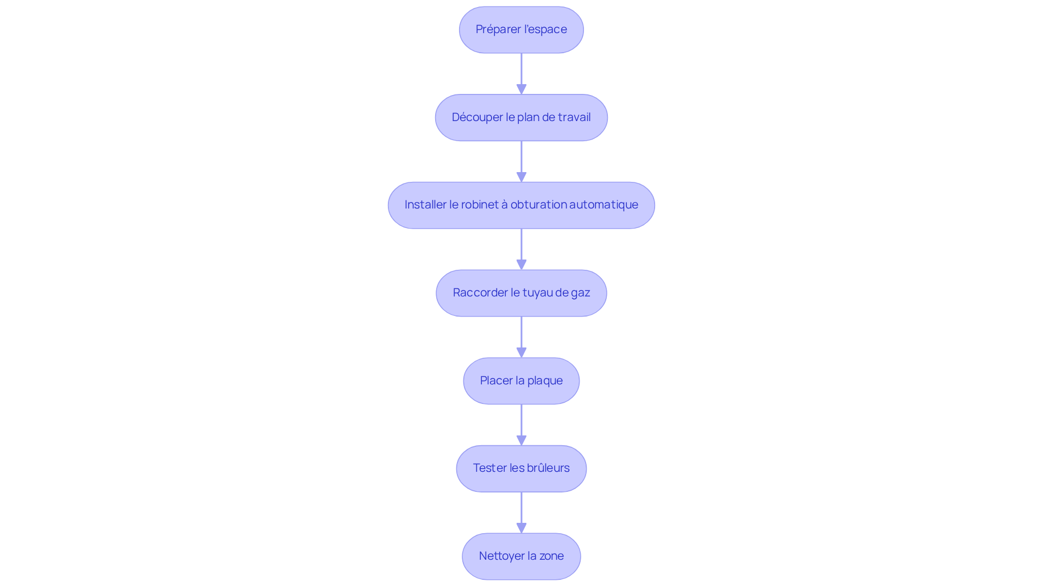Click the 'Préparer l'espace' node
(x=521, y=30)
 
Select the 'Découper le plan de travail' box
(x=521, y=118)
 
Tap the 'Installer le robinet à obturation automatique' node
(x=521, y=205)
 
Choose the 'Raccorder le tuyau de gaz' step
(x=521, y=293)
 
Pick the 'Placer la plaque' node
(x=521, y=381)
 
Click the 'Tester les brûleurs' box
(x=521, y=469)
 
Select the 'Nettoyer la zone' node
(x=521, y=557)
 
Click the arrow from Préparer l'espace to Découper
(x=521, y=74)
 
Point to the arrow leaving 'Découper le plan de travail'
(x=521, y=162)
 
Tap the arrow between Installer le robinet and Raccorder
(x=521, y=249)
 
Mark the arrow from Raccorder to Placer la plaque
(x=521, y=337)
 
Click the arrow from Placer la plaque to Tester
(x=521, y=425)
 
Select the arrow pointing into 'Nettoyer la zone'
(x=521, y=513)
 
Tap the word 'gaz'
(x=580, y=293)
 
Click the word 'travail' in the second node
(x=574, y=117)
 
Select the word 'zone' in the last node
(x=551, y=557)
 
